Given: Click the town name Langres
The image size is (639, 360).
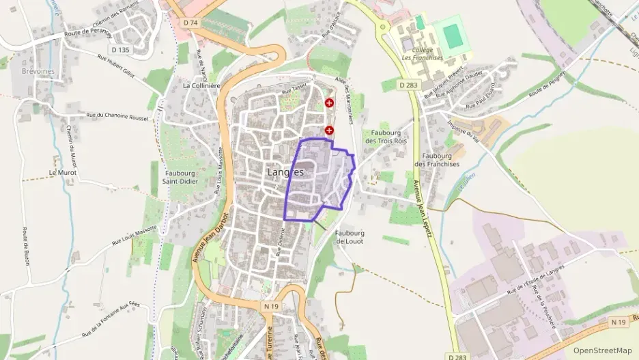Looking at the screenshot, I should click(x=285, y=172).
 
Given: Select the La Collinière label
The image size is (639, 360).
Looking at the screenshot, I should click(x=201, y=85).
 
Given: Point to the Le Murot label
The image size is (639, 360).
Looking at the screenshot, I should click(x=62, y=173).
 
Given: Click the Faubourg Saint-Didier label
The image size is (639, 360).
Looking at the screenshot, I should click(x=180, y=177).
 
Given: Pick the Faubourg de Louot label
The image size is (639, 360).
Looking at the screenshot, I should click(x=350, y=236).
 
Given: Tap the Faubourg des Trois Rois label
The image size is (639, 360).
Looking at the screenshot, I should click(x=386, y=137).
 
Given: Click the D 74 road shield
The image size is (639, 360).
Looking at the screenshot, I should click(x=191, y=23).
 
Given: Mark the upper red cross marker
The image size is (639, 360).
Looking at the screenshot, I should click(x=330, y=103).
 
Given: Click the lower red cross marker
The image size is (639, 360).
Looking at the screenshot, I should click(x=330, y=130).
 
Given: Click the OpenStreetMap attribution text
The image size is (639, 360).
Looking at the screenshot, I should click(x=602, y=350).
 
